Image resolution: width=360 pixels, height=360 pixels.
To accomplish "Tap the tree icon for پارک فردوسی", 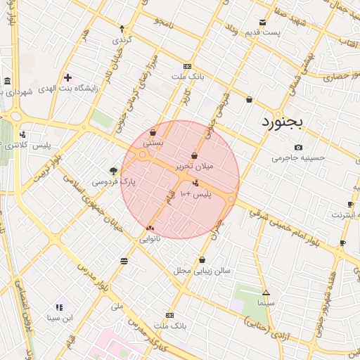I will (x=113, y=170).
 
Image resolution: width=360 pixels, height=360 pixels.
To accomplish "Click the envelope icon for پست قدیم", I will (x=263, y=22).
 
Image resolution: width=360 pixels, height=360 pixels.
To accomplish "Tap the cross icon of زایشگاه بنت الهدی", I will (x=67, y=77).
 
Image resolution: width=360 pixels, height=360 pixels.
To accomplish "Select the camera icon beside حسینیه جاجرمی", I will (x=299, y=147).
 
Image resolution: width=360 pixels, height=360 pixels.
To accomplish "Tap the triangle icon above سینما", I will (x=266, y=292).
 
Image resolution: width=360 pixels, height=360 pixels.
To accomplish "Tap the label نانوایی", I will (x=150, y=239).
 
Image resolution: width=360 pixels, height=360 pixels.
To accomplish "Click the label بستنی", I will (x=153, y=142).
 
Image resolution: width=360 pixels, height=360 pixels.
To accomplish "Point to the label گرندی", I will (x=122, y=39).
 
